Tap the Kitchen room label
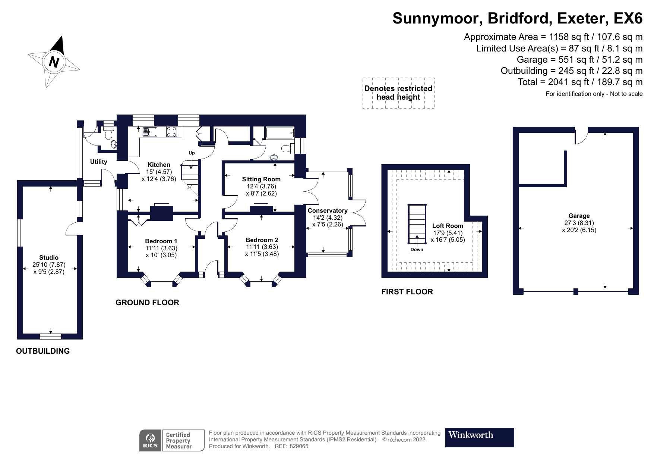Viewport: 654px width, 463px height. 159,165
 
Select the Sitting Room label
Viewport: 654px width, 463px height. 261,179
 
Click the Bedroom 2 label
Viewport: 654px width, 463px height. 262,240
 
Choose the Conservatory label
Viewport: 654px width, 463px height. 327,211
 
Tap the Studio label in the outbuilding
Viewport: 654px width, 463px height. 49,257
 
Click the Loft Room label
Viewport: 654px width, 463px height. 448,226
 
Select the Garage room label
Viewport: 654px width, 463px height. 579,216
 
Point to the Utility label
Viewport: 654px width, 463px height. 98,162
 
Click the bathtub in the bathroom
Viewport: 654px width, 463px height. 280,132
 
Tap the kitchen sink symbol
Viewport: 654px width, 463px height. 150,132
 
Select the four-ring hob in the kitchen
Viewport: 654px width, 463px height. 171,132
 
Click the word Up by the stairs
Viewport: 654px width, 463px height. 192,153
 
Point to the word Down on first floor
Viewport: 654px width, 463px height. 417,249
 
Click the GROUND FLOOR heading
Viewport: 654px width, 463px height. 147,303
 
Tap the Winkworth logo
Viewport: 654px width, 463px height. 479,437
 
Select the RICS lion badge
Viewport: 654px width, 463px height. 151,440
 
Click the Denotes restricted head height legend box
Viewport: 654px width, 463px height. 398,93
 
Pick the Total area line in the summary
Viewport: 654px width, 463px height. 580,82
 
